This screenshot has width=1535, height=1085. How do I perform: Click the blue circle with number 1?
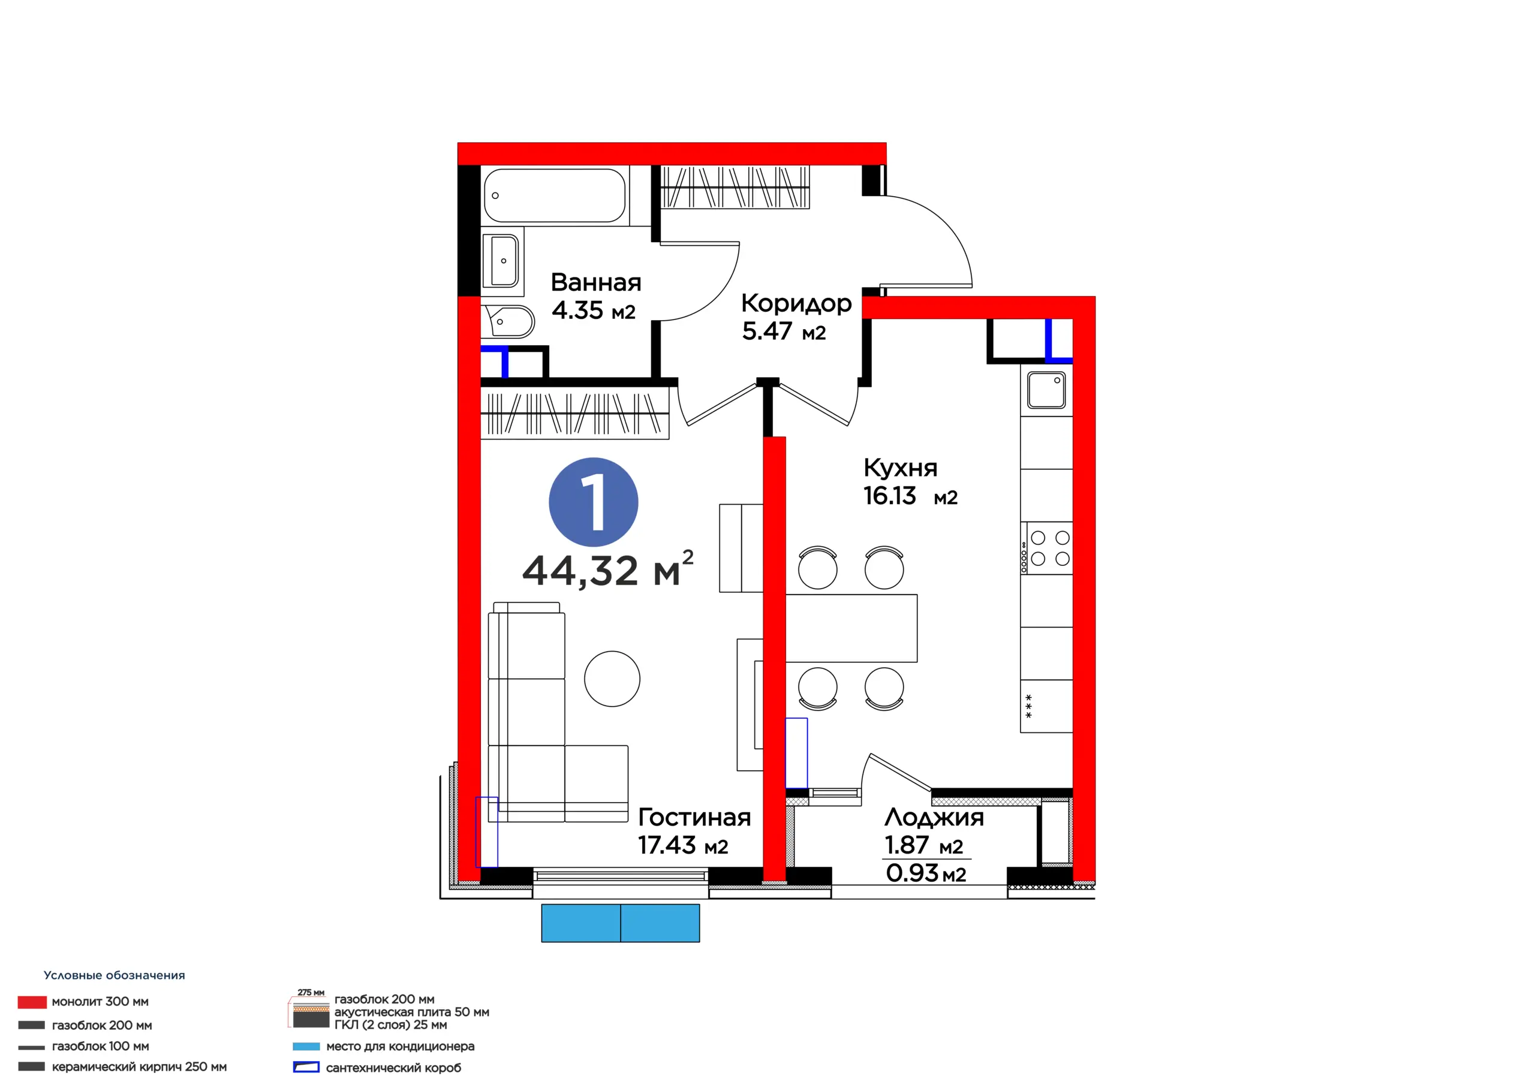pos(593,502)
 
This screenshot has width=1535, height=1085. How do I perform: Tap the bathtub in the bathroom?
pos(554,195)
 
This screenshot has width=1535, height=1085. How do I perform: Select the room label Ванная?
pos(595,283)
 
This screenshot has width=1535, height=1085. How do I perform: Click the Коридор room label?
pos(796,304)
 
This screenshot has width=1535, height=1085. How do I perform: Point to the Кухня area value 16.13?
pos(889,496)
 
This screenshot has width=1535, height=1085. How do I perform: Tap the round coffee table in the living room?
pos(612,679)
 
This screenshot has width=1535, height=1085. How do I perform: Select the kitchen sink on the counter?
pos(1046,390)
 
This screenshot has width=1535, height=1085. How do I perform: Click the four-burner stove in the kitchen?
pos(1046,548)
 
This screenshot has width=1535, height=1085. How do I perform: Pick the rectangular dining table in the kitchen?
pos(851,628)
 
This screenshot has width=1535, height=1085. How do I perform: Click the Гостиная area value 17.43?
pos(667,846)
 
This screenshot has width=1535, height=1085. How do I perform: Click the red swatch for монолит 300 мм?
pos(32,1002)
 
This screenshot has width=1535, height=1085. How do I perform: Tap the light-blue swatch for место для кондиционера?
pos(306,1047)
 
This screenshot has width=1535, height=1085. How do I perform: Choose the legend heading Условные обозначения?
pos(115,975)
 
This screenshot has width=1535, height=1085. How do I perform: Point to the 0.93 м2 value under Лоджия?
pos(926,873)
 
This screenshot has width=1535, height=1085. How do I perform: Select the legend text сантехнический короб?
pos(393,1068)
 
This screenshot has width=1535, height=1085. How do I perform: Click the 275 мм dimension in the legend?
pos(311,993)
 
